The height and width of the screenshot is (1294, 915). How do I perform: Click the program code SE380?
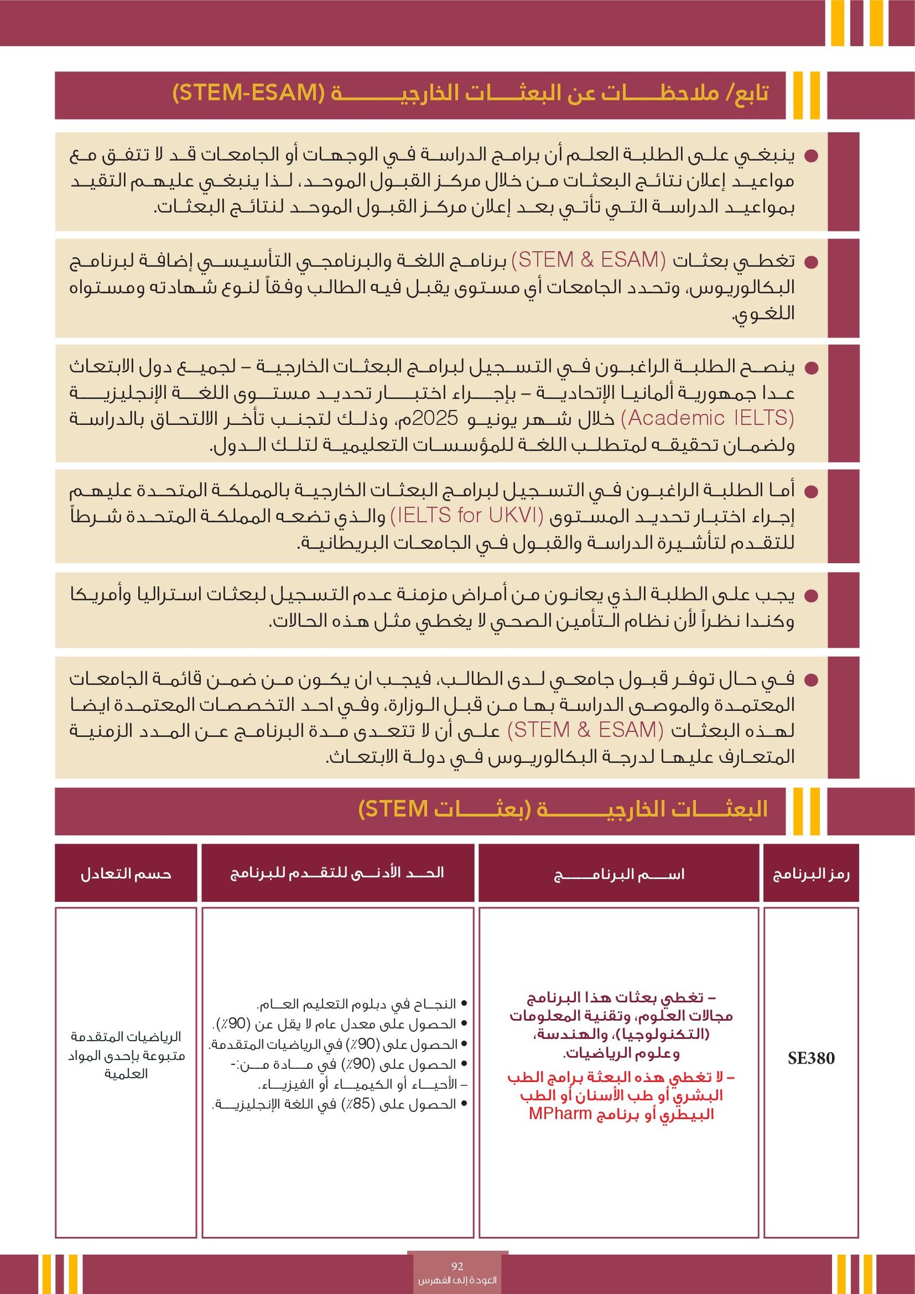(810, 1058)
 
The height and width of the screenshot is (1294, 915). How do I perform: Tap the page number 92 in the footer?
(457, 1266)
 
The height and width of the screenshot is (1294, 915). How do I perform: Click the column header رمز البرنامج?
(811, 874)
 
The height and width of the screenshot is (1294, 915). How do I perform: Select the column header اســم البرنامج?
(619, 874)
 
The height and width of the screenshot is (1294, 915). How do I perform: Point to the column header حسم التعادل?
(126, 874)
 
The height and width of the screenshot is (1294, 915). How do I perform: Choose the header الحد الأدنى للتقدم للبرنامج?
(337, 873)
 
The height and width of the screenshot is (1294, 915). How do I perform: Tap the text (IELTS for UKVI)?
(467, 516)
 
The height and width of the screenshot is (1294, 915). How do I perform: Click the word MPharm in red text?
(560, 1114)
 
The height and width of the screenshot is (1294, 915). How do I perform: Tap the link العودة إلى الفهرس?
(457, 1280)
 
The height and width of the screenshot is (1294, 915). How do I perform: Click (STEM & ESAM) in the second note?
(588, 260)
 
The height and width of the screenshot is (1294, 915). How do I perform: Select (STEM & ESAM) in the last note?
(585, 730)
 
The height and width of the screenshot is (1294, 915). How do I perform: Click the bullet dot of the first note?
(811, 156)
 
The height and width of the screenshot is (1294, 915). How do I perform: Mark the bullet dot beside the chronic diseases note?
(811, 596)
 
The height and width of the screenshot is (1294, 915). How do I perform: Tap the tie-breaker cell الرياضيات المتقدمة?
(126, 1037)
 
